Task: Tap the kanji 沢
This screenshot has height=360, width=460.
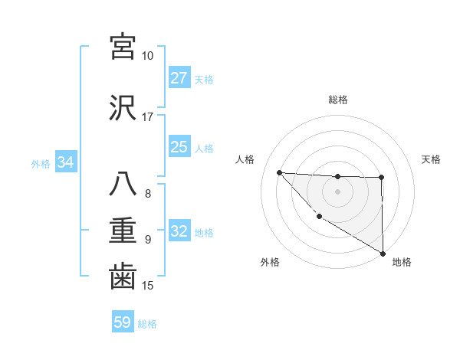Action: pyautogui.click(x=123, y=106)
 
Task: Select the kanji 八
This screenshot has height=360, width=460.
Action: pyautogui.click(x=123, y=185)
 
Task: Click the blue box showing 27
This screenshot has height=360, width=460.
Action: pyautogui.click(x=179, y=78)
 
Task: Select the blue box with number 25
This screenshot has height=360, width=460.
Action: pyautogui.click(x=179, y=147)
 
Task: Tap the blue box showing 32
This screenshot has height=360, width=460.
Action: pyautogui.click(x=179, y=232)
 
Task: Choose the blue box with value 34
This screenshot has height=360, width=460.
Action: pyautogui.click(x=66, y=162)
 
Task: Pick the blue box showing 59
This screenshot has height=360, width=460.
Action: pyautogui.click(x=123, y=322)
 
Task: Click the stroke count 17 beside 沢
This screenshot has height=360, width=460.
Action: pyautogui.click(x=147, y=117)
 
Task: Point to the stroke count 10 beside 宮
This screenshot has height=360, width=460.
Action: pyautogui.click(x=147, y=56)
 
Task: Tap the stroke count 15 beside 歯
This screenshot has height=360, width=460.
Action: pyautogui.click(x=147, y=286)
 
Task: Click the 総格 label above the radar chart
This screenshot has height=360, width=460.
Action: pyautogui.click(x=338, y=100)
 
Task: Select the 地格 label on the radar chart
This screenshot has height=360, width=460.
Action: pyautogui.click(x=402, y=262)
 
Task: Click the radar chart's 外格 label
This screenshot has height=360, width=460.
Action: pyautogui.click(x=270, y=262)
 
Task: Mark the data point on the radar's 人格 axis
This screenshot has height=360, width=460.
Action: pyautogui.click(x=280, y=172)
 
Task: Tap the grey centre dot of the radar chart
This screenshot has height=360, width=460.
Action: pyautogui.click(x=337, y=191)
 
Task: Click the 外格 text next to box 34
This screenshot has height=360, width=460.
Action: pyautogui.click(x=40, y=163)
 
